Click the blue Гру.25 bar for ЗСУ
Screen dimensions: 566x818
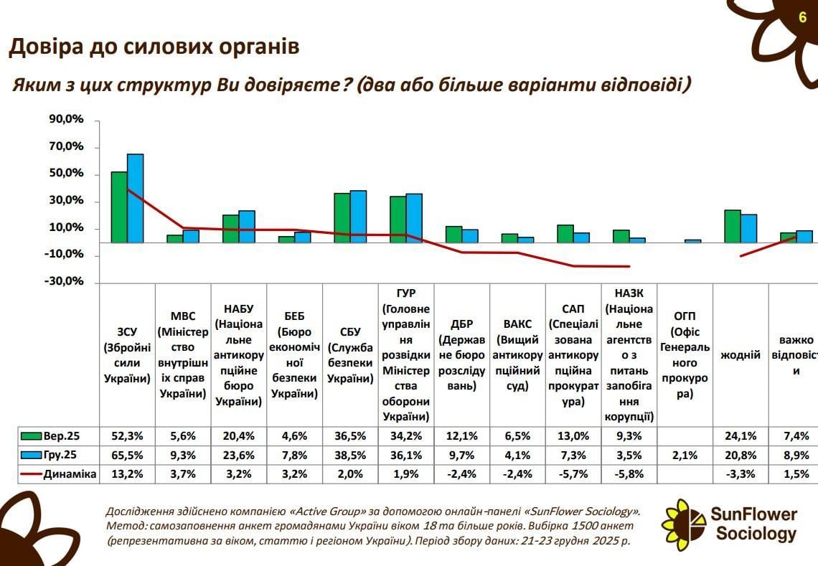(135, 198)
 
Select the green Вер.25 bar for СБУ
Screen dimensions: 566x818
(342, 217)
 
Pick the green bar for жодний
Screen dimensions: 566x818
(732, 226)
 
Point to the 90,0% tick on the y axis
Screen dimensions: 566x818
(67, 120)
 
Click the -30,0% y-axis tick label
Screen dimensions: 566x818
(67, 282)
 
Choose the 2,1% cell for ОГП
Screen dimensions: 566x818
(685, 455)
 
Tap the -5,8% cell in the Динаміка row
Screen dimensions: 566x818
(629, 473)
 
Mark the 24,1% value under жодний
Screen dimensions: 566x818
(741, 436)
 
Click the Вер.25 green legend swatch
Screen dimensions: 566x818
(31, 436)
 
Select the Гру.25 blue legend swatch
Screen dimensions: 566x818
(31, 455)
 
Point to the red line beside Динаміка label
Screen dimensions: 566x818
(31, 474)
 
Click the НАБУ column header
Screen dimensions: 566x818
(239, 355)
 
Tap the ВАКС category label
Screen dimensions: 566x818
(517, 355)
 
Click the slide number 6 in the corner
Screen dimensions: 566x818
(802, 17)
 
